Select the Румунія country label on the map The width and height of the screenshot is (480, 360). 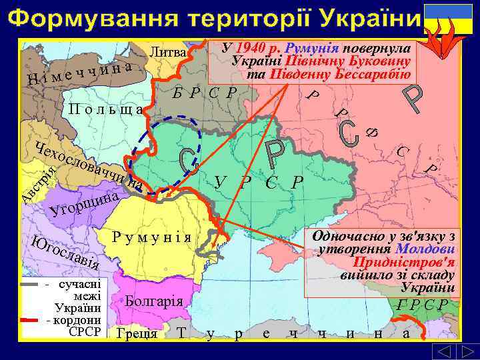[x=153, y=237]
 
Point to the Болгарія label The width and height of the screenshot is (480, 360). [x=154, y=300]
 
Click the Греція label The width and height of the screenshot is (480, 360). [x=136, y=333]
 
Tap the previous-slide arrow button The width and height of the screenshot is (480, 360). [x=441, y=351]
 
